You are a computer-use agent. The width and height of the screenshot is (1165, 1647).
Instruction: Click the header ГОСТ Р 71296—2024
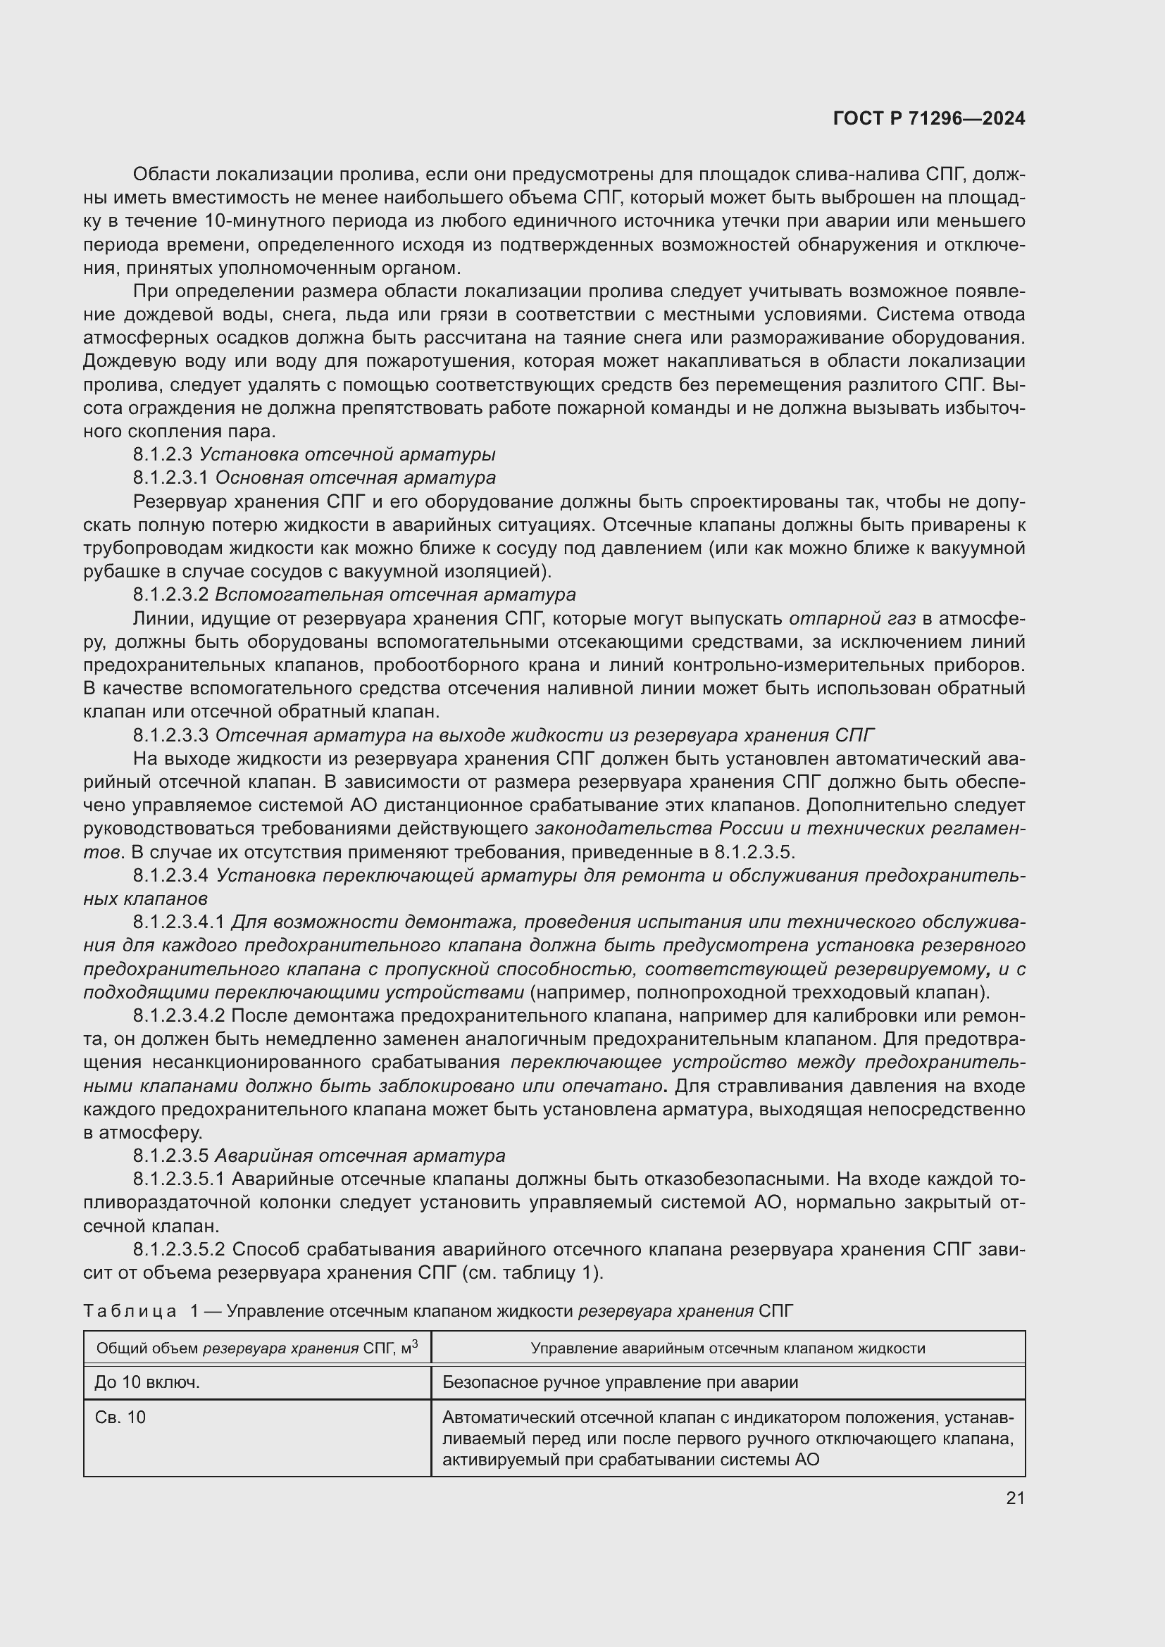coord(929,118)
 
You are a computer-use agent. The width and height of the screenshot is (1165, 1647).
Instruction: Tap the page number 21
coord(1015,1498)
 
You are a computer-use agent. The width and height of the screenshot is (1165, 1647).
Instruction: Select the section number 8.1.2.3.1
coord(170,477)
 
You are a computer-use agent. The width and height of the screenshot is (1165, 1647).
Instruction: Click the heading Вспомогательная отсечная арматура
coord(394,595)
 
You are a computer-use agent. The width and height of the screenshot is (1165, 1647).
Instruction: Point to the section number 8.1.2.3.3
coord(170,735)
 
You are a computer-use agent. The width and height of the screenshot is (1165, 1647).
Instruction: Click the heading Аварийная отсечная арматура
coord(359,1156)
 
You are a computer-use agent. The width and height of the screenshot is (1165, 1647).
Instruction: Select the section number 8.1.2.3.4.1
coord(179,922)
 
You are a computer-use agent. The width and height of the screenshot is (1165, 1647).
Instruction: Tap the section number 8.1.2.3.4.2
coord(179,1016)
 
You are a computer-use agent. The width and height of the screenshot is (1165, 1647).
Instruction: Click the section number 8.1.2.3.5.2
coord(179,1250)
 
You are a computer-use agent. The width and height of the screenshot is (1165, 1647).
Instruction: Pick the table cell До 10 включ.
coord(147,1382)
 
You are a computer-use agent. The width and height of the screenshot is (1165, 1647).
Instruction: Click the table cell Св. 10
coord(120,1417)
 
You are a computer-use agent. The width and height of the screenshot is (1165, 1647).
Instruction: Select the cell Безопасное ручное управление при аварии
coord(620,1382)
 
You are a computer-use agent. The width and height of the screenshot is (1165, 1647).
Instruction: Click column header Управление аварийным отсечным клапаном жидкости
coord(728,1348)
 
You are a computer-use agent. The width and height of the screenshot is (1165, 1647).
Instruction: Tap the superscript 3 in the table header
coord(415,1344)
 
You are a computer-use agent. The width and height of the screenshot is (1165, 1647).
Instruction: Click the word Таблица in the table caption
coord(130,1311)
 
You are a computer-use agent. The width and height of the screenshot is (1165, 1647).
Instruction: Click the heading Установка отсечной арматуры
coord(347,455)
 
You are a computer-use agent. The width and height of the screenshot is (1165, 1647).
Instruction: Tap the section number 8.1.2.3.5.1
coord(179,1179)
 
